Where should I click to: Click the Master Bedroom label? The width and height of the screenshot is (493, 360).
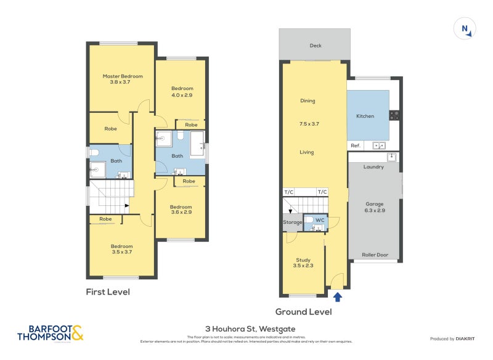click(x=122, y=76)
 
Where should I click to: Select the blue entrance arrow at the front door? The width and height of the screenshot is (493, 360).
click(x=337, y=297)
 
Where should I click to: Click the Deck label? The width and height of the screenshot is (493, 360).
click(x=316, y=46)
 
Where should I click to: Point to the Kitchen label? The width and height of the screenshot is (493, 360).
click(x=365, y=116)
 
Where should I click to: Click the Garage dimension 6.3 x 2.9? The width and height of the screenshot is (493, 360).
click(x=375, y=211)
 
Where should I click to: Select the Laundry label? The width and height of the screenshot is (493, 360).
click(x=373, y=167)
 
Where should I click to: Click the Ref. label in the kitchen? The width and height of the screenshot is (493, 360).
click(x=355, y=145)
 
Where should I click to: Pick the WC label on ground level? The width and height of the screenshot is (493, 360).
click(x=320, y=220)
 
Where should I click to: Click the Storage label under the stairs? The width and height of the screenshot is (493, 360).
click(x=293, y=222)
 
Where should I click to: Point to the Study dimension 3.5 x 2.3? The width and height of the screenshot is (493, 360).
click(x=303, y=267)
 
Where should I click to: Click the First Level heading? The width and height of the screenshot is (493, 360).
click(x=108, y=292)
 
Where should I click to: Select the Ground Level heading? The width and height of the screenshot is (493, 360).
click(x=303, y=312)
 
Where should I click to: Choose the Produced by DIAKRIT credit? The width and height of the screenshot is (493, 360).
click(x=455, y=338)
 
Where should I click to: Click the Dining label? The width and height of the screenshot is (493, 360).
click(x=308, y=101)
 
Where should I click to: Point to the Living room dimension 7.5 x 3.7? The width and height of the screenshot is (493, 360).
click(x=307, y=124)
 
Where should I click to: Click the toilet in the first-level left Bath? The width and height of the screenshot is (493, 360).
click(x=95, y=152)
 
